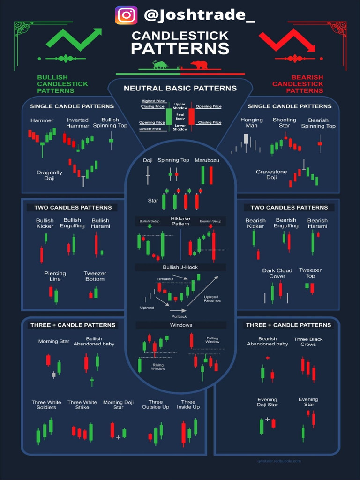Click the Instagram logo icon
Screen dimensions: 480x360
tap(127, 15)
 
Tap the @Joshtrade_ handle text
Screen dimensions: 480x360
tap(199, 15)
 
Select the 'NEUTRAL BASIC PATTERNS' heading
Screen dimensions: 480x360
tap(180, 88)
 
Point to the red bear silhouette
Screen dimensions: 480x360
tap(199, 65)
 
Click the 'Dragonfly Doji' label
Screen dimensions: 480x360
tap(49, 175)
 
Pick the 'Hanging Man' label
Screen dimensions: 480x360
tap(252, 123)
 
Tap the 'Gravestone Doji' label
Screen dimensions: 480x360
tap(271, 174)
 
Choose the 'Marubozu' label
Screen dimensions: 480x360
tap(207, 160)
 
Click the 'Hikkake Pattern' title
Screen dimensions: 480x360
tap(180, 221)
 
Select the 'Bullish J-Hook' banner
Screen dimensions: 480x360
tap(180, 267)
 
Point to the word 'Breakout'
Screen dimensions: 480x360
tap(165, 279)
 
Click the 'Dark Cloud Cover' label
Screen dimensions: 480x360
tap(277, 273)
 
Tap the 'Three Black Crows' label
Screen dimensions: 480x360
tap(308, 342)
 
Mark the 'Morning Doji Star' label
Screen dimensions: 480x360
tap(119, 405)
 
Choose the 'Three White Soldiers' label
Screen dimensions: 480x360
tap(46, 405)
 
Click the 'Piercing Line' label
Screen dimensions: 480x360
tap(55, 276)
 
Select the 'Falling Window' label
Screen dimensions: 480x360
tap(212, 340)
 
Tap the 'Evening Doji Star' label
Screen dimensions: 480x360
tap(267, 402)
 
